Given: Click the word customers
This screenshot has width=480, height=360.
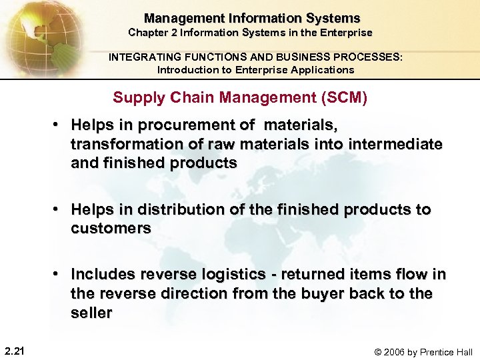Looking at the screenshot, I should [111, 228].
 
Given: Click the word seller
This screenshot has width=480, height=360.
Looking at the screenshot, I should [91, 313].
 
